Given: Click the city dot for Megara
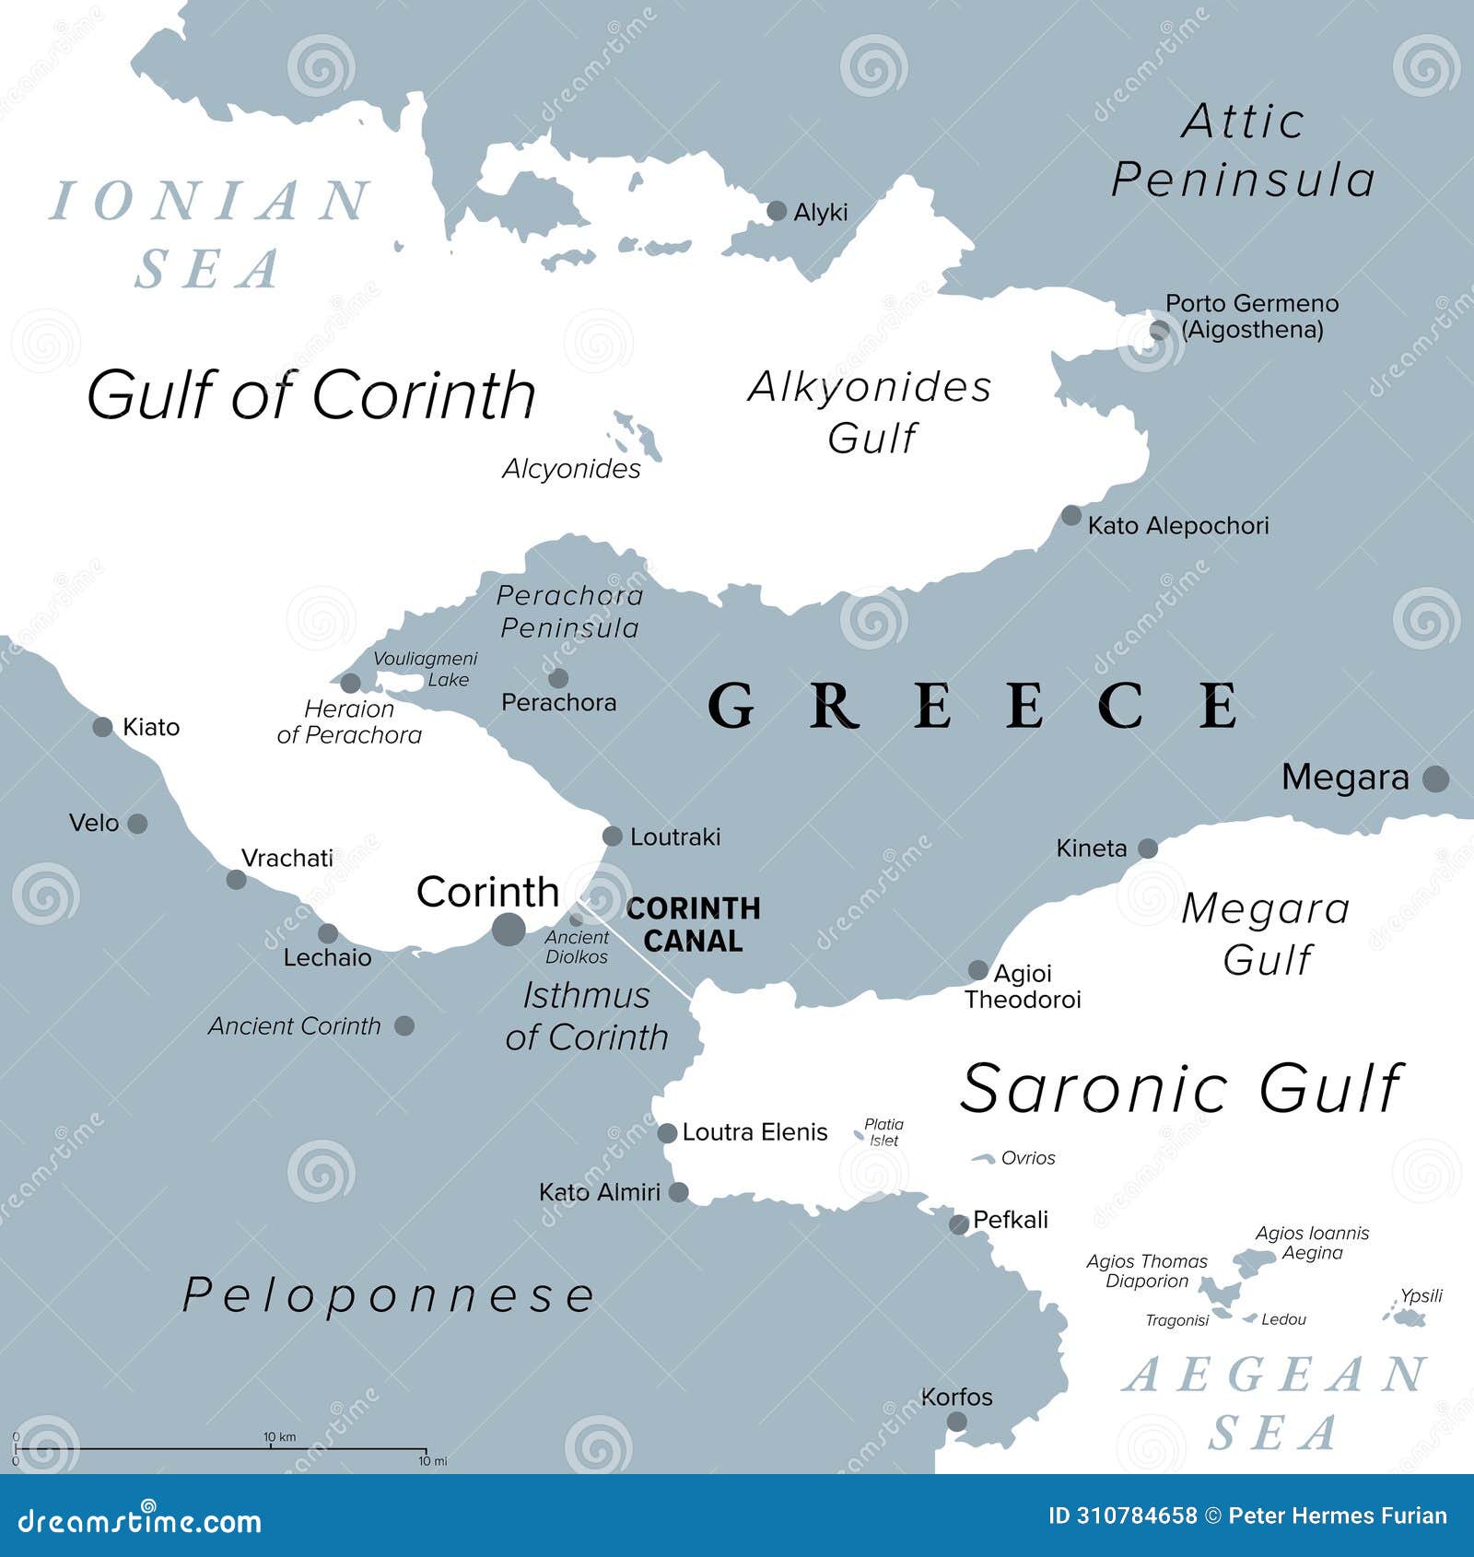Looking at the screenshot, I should click(x=1435, y=778).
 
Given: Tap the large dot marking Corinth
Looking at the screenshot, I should click(x=509, y=929).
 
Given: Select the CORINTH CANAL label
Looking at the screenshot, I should click(x=693, y=924).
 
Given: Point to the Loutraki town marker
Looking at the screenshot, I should click(x=613, y=836).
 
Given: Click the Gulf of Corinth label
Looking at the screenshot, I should click(x=311, y=395).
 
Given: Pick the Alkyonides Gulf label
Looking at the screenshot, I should click(x=871, y=412).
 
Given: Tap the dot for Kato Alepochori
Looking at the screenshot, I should click(x=1070, y=516).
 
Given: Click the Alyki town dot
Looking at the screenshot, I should click(x=777, y=211).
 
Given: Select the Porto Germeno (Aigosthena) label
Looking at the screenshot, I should click(x=1251, y=316).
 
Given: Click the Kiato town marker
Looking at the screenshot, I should click(x=103, y=727).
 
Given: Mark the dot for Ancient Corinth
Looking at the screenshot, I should click(x=404, y=1025).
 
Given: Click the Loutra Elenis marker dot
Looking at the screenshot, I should click(x=667, y=1132).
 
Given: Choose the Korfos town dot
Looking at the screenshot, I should click(x=957, y=1421).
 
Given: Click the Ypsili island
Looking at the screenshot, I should click(x=1408, y=1318).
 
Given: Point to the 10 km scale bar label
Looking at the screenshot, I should click(x=279, y=1436).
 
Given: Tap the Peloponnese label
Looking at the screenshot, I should click(x=389, y=1295).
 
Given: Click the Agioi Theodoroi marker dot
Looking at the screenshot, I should click(x=977, y=970).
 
